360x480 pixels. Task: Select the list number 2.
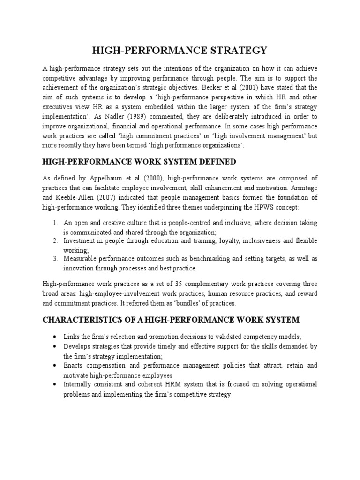(54, 241)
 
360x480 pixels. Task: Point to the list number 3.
(54, 259)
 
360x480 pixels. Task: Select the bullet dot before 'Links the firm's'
(55, 337)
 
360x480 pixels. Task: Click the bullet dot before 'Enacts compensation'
(55, 366)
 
